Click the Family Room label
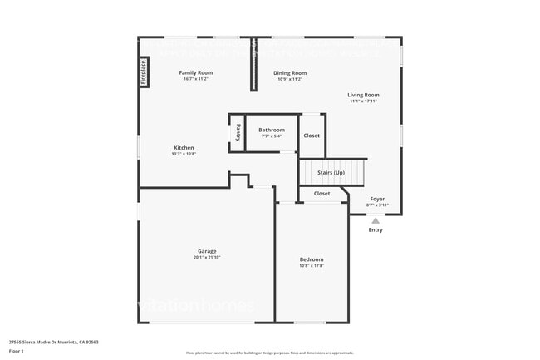(197, 73)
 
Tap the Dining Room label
(290, 73)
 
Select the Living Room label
(363, 95)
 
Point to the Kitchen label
(184, 148)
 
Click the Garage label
(207, 251)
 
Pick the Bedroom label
(312, 260)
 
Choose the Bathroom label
(271, 130)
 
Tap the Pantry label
(238, 132)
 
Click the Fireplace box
(143, 72)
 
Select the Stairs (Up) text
(331, 173)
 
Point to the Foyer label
(377, 200)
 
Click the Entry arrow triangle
(376, 220)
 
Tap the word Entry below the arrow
(376, 230)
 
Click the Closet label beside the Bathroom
(312, 136)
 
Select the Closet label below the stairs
(322, 194)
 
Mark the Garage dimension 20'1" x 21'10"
(207, 258)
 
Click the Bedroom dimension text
(312, 266)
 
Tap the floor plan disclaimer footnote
(270, 353)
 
